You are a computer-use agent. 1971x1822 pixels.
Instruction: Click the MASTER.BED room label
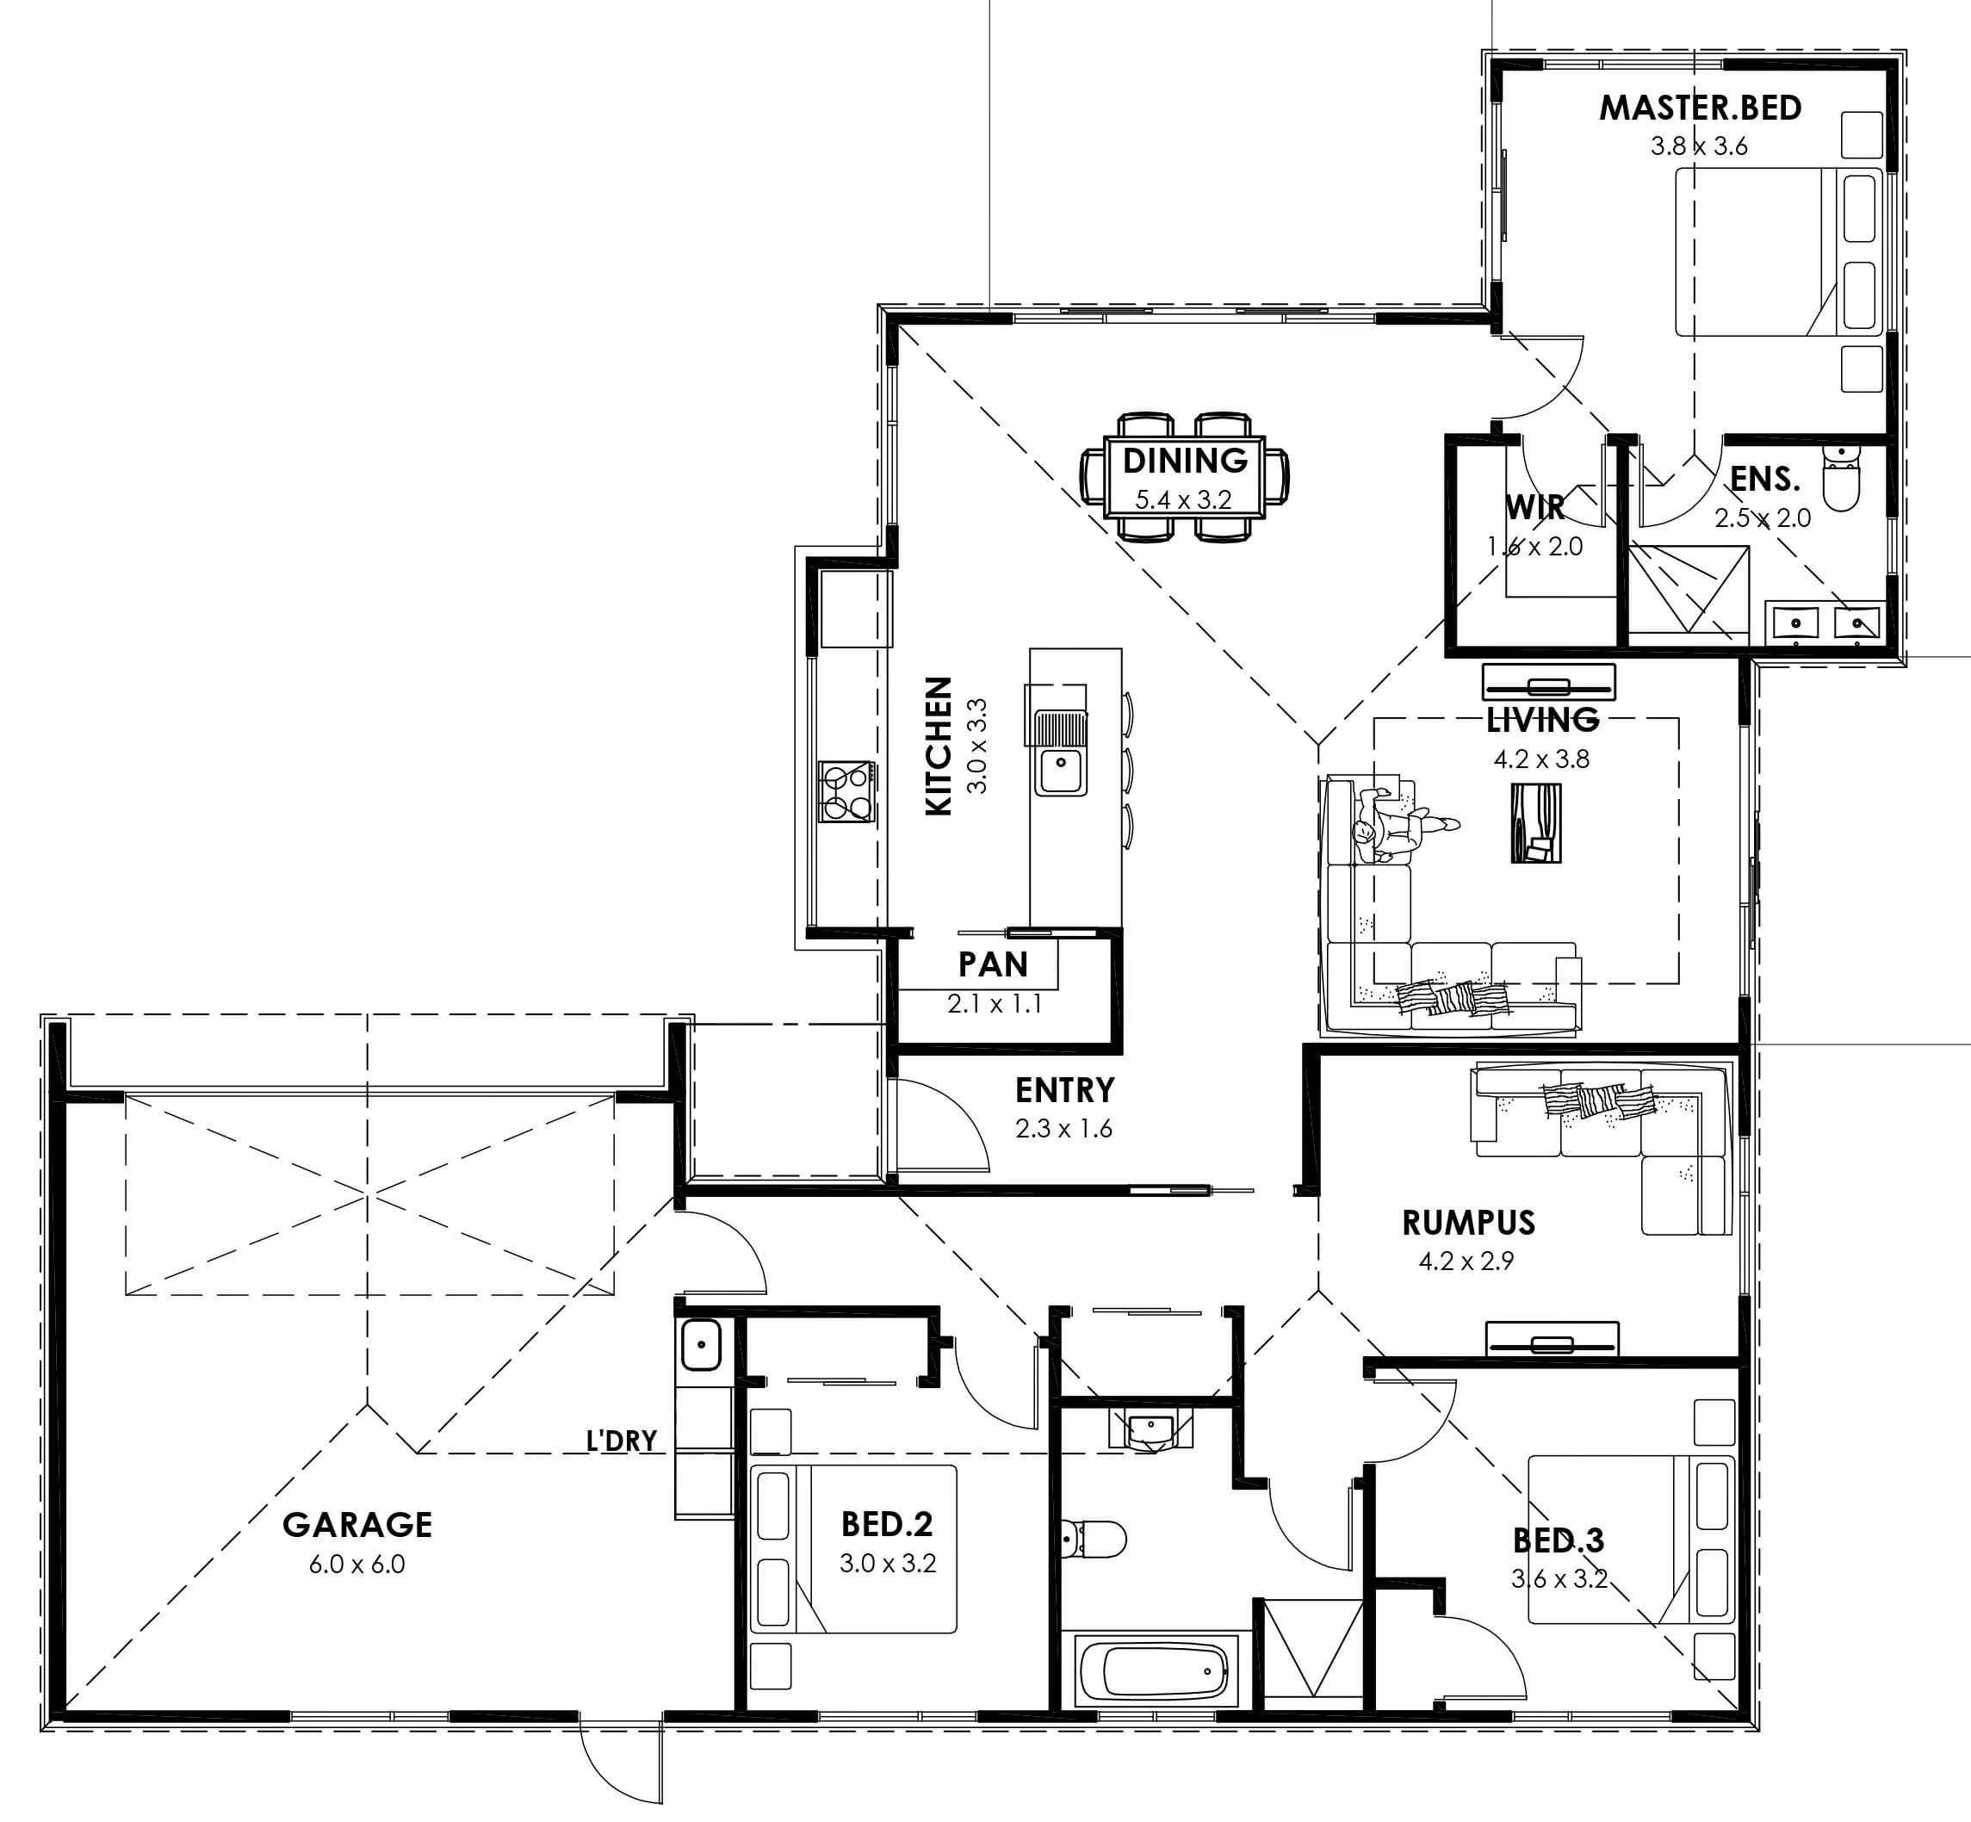(1700, 108)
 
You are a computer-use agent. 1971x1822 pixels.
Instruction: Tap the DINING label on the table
(1185, 460)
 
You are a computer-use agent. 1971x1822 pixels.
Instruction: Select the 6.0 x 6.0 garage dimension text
(357, 1564)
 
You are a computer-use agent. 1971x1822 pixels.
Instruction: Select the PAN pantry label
(993, 964)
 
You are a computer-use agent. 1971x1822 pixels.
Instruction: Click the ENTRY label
(1065, 1089)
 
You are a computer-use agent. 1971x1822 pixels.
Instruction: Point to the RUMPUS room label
(1468, 1223)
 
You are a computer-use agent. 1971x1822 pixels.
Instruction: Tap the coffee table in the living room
(1536, 822)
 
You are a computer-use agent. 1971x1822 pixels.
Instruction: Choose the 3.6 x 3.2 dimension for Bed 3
(1559, 1578)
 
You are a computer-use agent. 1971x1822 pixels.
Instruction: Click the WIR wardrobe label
(1535, 507)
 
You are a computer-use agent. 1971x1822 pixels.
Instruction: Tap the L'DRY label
(621, 1441)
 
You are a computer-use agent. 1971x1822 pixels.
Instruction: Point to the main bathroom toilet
(1094, 1537)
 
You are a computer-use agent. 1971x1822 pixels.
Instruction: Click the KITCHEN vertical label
(939, 746)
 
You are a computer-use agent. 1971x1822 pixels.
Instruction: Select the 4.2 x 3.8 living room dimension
(1541, 759)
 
